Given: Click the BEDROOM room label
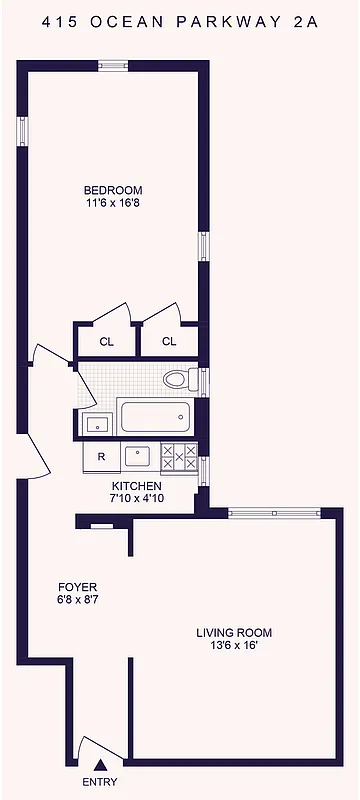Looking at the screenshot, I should point(112,190).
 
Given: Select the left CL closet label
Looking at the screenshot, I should point(106,341).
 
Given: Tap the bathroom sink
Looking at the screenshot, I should point(97,424).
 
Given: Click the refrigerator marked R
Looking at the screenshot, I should point(101,458).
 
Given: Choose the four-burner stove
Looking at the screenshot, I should point(178,456).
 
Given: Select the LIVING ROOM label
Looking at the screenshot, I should point(234,633).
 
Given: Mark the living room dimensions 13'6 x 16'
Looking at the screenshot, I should point(234,647).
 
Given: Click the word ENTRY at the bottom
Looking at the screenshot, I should point(98,783).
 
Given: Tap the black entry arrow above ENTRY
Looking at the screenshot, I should point(97,766).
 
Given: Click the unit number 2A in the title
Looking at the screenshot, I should point(306,21).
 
